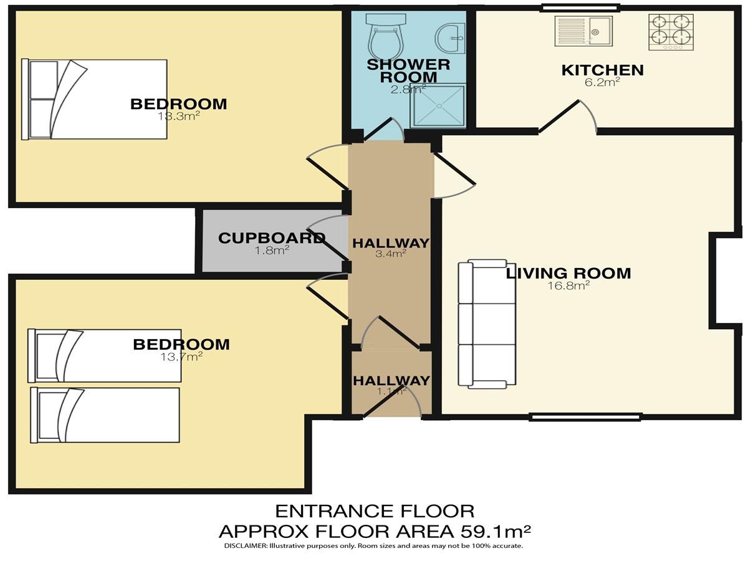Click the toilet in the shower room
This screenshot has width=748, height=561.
(386, 37)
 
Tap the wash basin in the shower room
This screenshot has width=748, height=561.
(450, 39)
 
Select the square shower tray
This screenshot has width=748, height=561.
(439, 106)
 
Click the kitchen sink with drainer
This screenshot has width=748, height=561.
(583, 31)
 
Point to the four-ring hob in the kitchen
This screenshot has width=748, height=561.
(671, 32)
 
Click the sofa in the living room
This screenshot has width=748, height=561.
(487, 324)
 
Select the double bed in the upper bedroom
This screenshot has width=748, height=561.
(94, 100)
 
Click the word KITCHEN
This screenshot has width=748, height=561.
(603, 70)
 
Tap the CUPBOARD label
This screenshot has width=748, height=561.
(272, 238)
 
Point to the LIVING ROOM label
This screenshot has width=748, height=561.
(568, 273)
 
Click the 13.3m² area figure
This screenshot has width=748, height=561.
(178, 116)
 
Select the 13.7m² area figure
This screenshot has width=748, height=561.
(181, 357)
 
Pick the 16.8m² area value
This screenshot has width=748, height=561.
(568, 285)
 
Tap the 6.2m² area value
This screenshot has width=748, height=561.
(602, 82)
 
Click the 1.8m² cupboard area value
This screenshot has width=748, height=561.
(272, 251)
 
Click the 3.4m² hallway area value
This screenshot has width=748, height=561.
(391, 254)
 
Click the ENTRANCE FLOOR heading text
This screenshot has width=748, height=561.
(375, 511)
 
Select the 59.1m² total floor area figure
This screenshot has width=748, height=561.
(495, 531)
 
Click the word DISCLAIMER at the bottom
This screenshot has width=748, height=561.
(246, 546)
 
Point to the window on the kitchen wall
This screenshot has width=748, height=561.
(579, 7)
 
